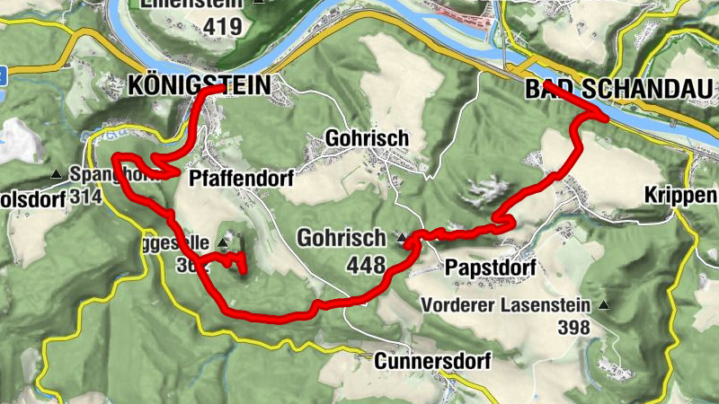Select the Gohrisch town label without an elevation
coord(367,139)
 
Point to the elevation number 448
coord(367,266)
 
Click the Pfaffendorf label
coord(242,179)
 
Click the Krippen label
coord(680,197)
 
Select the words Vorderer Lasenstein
coord(506,305)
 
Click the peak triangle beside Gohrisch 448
coord(403,239)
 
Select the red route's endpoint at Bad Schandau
coord(546,87)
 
